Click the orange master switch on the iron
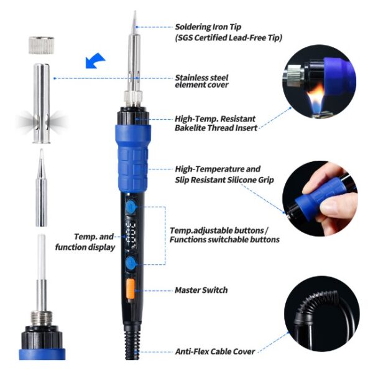tap(131, 289)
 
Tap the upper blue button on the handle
tap(131, 207)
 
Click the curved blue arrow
tap(95, 60)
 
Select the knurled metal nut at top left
tap(41, 45)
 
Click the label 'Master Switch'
tap(201, 290)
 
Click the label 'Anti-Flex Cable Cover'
tap(215, 351)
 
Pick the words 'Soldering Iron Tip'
tap(208, 27)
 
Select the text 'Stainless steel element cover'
tap(201, 81)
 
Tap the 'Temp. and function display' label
tap(85, 242)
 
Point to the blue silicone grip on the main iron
tap(132, 158)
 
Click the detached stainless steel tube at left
tap(42, 103)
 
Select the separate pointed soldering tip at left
tap(42, 188)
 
